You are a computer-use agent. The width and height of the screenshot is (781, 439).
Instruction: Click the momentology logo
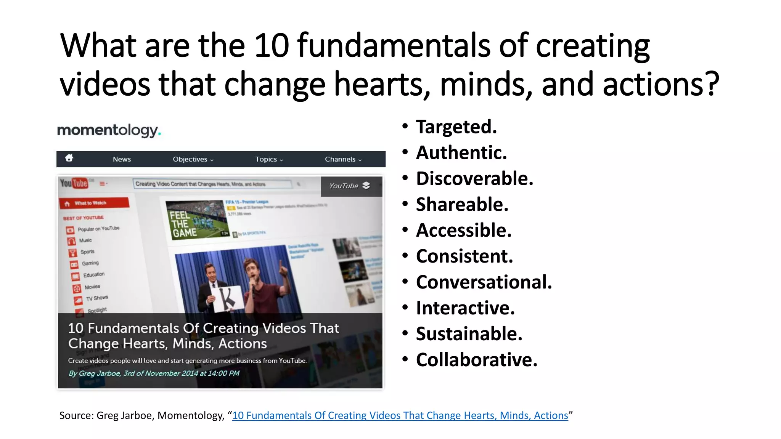[109, 130]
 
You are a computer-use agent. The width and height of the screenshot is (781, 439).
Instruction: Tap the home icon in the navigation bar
[69, 158]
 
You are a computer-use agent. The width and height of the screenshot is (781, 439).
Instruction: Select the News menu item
[122, 159]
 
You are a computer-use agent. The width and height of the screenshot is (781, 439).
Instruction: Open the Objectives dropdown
[193, 159]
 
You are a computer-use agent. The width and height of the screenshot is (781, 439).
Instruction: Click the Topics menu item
[269, 159]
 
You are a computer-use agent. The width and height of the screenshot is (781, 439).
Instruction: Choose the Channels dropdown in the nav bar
[343, 159]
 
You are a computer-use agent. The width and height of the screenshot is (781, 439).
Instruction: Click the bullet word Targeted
[456, 127]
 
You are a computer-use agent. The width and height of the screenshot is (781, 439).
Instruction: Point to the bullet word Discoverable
[474, 179]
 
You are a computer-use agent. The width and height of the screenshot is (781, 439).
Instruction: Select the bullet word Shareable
[462, 205]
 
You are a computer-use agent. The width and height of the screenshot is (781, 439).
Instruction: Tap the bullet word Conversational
[484, 282]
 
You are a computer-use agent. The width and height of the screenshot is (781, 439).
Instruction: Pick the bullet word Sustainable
[469, 334]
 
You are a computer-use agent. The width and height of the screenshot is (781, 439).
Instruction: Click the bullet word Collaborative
[476, 360]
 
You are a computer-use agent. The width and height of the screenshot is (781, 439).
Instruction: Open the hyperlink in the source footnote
[400, 415]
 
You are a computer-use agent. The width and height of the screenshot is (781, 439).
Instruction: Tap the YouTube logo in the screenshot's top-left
[74, 184]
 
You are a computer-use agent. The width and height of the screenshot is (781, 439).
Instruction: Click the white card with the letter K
[227, 298]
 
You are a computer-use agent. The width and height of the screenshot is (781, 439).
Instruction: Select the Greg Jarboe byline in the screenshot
[154, 373]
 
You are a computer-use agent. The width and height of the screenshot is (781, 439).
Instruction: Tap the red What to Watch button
[94, 203]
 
